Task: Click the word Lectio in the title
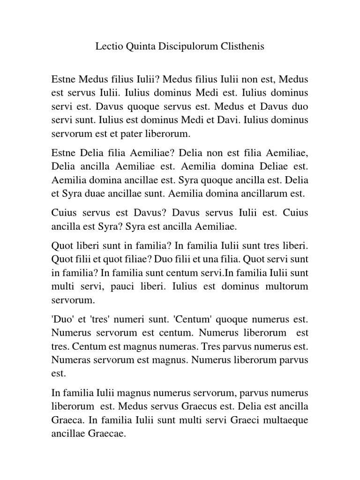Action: pyautogui.click(x=107, y=47)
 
